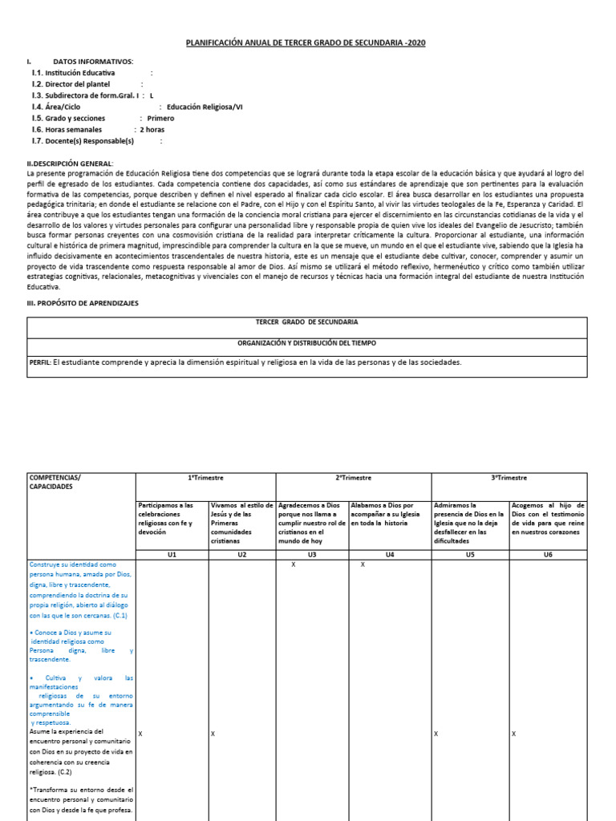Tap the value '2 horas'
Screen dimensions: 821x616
tap(152, 129)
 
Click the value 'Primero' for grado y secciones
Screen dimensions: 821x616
tap(160, 118)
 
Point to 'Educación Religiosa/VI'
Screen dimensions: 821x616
tap(205, 107)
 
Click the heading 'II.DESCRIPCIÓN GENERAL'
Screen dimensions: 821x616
tap(71, 164)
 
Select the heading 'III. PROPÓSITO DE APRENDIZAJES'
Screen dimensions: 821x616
tap(83, 304)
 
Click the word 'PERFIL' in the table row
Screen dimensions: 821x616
tap(39, 362)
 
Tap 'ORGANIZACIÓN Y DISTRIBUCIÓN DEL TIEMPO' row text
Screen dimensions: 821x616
tap(307, 342)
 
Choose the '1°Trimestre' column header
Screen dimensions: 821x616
tap(205, 478)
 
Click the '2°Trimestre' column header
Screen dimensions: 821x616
tap(354, 478)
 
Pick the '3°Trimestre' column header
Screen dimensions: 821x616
tap(509, 478)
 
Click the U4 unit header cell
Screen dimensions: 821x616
tap(390, 554)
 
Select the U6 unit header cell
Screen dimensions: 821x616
tap(548, 554)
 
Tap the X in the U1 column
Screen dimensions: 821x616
tap(140, 734)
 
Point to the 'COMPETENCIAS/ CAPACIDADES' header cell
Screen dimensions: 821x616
tap(55, 482)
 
